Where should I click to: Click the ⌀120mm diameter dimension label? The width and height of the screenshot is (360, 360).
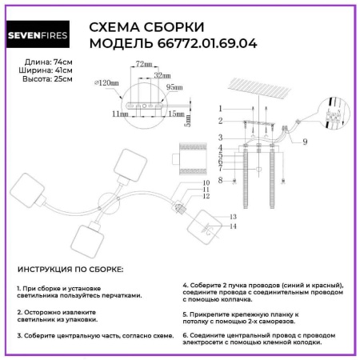(106, 82)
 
